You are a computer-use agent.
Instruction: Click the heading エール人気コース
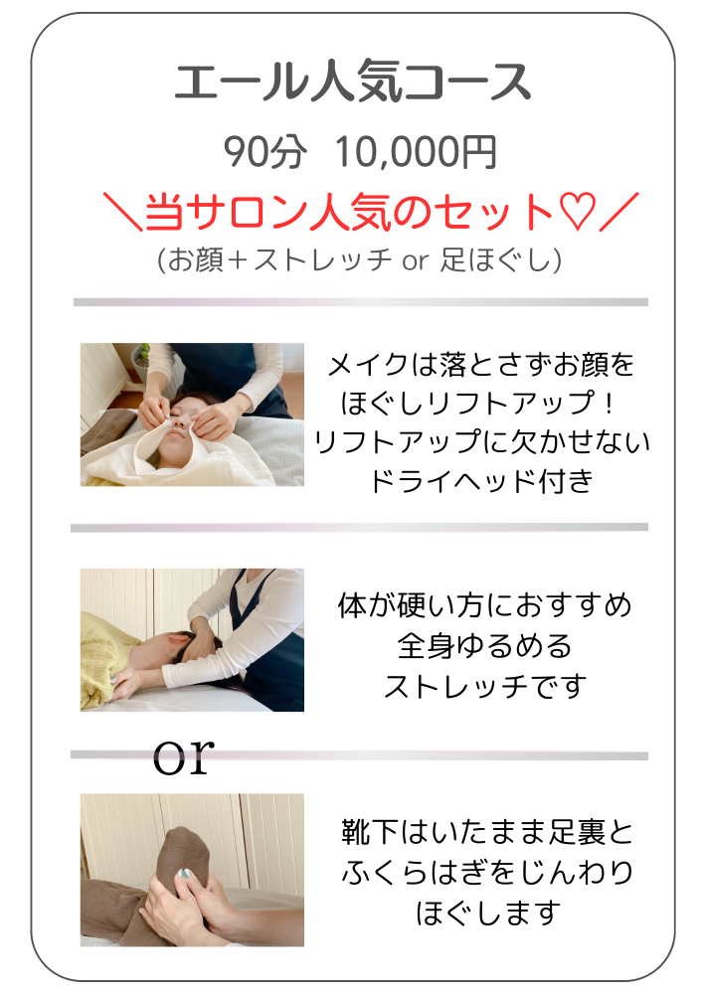352,83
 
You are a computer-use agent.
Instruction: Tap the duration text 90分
264,152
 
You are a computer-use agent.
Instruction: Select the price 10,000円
416,152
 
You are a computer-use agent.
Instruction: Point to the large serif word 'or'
184,756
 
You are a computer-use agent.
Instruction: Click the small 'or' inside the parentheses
416,259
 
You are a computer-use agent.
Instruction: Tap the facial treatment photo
192,414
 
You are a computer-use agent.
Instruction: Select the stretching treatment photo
192,639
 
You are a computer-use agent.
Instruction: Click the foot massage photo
192,870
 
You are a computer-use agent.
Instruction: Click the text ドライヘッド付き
482,481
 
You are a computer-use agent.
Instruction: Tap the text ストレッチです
485,686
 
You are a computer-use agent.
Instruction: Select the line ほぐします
488,912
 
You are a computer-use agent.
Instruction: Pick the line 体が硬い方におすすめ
485,605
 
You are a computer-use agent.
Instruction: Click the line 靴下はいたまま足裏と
488,832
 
